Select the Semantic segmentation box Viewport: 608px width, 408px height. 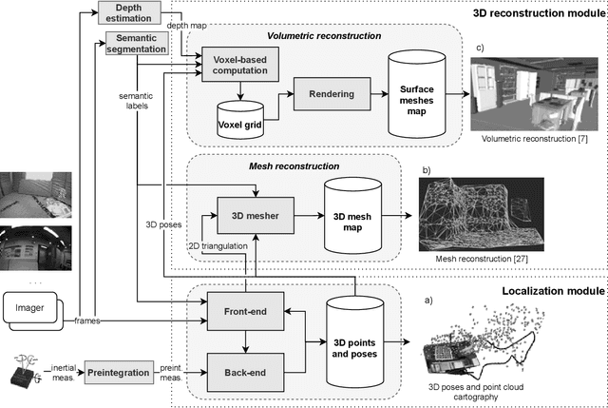pyautogui.click(x=131, y=44)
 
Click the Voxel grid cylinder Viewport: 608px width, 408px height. pyautogui.click(x=239, y=118)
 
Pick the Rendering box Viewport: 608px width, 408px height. pyautogui.click(x=324, y=93)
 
